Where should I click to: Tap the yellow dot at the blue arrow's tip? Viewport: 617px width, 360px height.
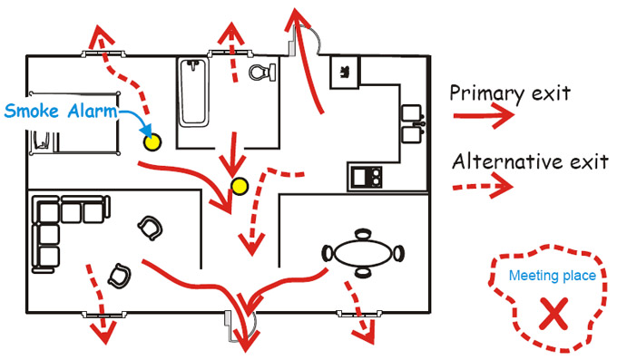pyautogui.click(x=152, y=141)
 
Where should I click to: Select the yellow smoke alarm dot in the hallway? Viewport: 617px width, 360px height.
pyautogui.click(x=240, y=187)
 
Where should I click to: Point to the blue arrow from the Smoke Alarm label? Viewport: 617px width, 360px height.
pyautogui.click(x=132, y=122)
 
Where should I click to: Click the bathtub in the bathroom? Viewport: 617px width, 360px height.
pyautogui.click(x=193, y=92)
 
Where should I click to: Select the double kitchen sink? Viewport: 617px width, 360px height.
pyautogui.click(x=415, y=122)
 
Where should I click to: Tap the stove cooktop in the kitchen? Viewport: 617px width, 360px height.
pyautogui.click(x=367, y=175)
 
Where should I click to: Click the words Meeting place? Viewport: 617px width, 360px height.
pyautogui.click(x=553, y=276)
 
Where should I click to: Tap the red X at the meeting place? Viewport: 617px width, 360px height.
pyautogui.click(x=549, y=315)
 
